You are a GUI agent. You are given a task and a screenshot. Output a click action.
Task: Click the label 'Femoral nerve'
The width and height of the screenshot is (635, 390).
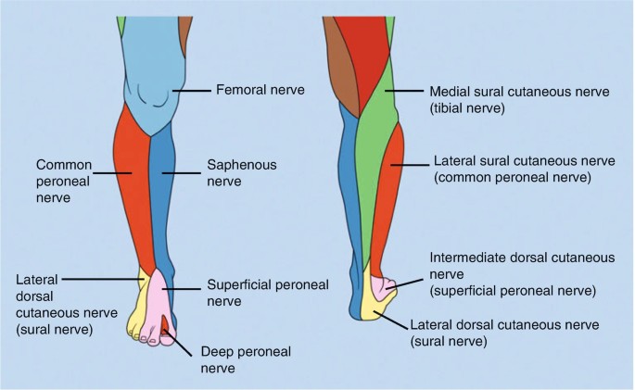point(260,91)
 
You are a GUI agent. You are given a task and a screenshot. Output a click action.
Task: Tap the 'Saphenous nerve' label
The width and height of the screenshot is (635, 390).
point(231,172)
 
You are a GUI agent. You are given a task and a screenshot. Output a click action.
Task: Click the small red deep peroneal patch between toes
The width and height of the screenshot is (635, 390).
point(164,323)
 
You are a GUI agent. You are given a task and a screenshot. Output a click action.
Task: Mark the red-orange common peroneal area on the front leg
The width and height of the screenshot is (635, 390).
point(131,185)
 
